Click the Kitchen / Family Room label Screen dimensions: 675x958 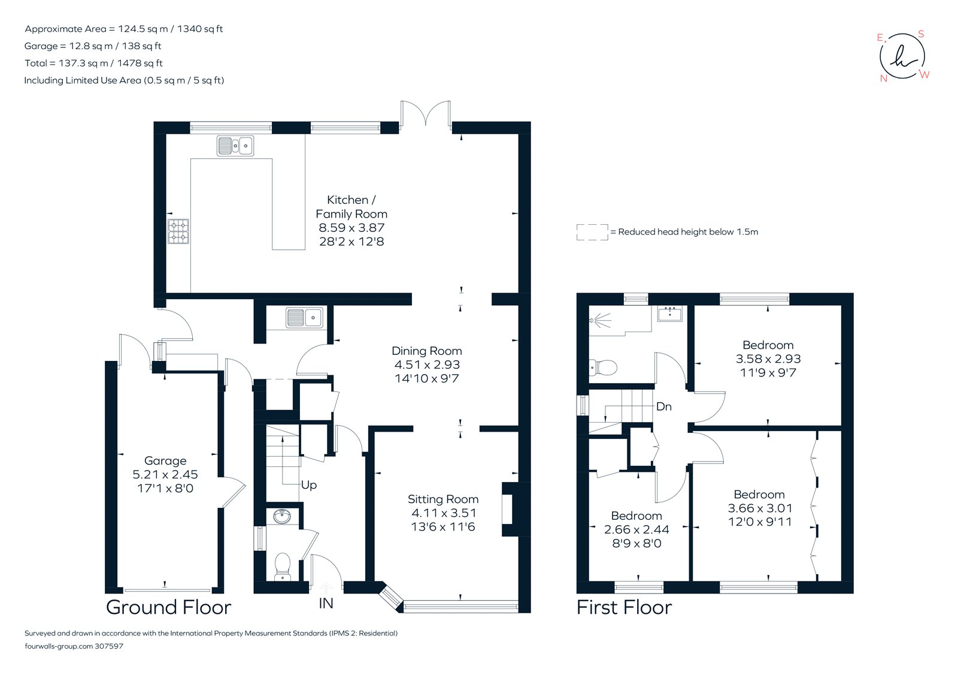pos(351,207)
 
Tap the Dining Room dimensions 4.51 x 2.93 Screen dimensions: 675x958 pos(427,364)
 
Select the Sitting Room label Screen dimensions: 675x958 pos(443,499)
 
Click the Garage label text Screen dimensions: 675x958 pos(165,460)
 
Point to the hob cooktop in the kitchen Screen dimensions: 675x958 pos(178,231)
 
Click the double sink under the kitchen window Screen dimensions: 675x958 pos(235,146)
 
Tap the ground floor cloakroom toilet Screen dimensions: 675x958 pos(282,566)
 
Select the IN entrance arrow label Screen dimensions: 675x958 pos(326,603)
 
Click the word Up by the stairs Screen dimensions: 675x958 pos(309,484)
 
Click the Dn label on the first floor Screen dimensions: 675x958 pos(663,406)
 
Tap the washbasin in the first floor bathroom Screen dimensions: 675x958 pos(669,314)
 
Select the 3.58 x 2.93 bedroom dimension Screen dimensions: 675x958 pos(768,358)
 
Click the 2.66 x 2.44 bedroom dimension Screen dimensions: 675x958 pos(636,529)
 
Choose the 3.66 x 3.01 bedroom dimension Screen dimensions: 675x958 pos(760,508)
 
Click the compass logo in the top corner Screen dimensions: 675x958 pos(902,56)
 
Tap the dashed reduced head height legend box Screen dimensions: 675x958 pos(592,232)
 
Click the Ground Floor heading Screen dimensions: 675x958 pos(168,607)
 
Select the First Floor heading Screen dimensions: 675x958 pos(624,607)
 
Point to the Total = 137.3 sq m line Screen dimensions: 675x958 pos(93,63)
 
